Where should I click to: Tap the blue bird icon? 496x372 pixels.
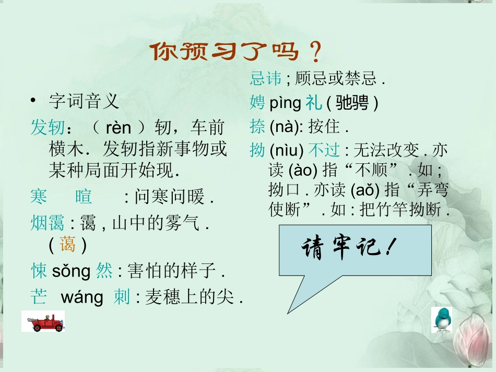(442, 320)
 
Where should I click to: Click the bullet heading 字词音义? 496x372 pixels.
(84, 101)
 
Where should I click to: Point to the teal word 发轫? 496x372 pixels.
(48, 128)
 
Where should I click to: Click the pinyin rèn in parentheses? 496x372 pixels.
(118, 128)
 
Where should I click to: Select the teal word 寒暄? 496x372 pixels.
(61, 197)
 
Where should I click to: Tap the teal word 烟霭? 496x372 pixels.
(48, 224)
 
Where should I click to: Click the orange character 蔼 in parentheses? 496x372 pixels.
(67, 245)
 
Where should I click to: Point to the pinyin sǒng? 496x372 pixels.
(73, 271)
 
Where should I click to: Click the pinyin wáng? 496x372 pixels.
(82, 298)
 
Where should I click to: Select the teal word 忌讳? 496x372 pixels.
(266, 78)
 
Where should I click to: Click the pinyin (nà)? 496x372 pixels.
(281, 127)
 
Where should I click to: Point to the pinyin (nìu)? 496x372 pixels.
(287, 151)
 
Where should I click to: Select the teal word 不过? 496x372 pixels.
(324, 151)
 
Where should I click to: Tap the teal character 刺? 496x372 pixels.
(122, 298)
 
